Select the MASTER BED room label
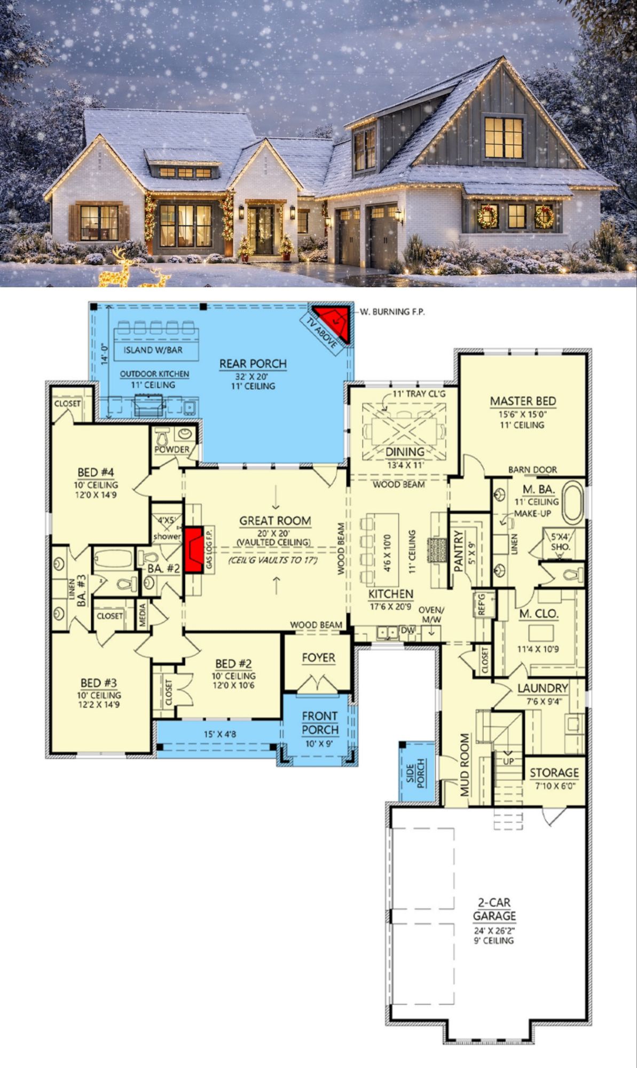523,401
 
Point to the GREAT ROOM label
275,521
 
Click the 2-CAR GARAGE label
494,909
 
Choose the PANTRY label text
458,551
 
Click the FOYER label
319,658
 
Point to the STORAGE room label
554,773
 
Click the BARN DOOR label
532,470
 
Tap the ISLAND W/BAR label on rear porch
153,350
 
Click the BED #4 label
96,473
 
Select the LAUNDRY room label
542,688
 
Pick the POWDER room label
172,449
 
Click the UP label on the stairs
508,761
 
